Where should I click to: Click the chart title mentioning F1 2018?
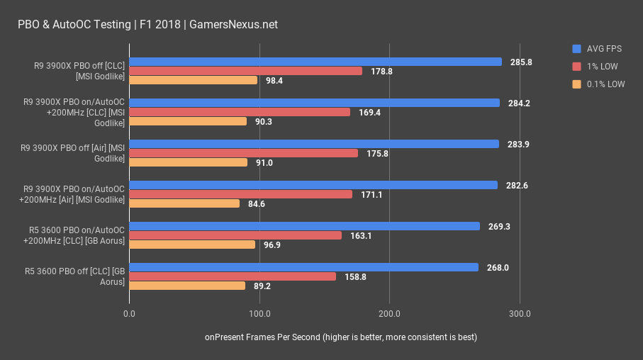[147, 24]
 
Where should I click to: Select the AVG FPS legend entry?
[599, 49]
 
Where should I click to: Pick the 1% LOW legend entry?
[598, 66]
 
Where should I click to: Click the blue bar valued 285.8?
[315, 62]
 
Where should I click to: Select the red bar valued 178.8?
[245, 71]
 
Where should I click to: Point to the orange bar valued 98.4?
[193, 80]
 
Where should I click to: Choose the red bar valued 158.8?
[233, 276]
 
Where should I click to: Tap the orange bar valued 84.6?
[184, 203]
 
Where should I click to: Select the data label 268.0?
[498, 267]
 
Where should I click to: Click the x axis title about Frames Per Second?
[341, 337]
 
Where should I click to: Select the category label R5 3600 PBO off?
[75, 276]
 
